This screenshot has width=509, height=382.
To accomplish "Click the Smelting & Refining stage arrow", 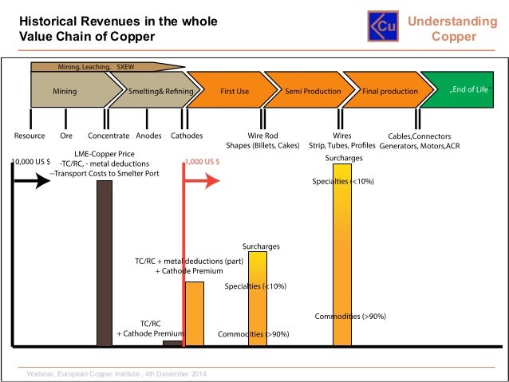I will [x=156, y=92].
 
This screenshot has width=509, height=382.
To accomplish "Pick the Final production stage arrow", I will [x=388, y=92].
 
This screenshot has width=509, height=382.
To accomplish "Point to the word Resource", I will [x=30, y=136].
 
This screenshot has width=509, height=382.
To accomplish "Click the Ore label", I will [x=66, y=136].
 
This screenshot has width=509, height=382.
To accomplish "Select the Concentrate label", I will [x=109, y=136].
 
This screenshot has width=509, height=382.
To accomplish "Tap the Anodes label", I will [x=149, y=136].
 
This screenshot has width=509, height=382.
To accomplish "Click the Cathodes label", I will [x=187, y=136].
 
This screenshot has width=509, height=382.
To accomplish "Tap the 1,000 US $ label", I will [x=203, y=162].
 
